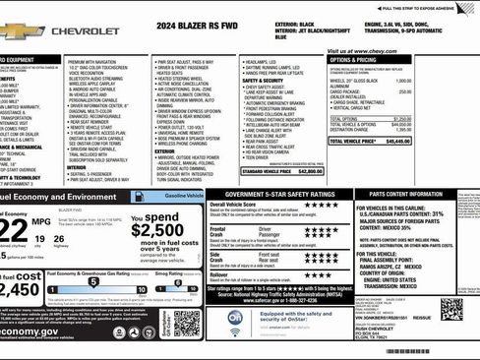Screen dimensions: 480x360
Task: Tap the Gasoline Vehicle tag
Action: click(x=183, y=197)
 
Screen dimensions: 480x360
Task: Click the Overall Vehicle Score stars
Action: click(x=321, y=207)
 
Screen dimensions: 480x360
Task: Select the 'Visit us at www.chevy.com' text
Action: click(x=360, y=51)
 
